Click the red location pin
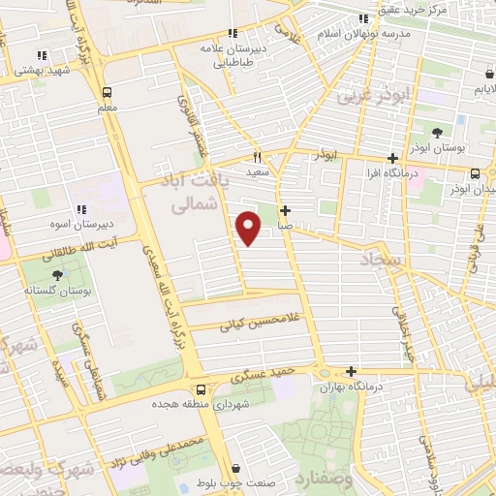tap(249, 227)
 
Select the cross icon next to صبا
tap(285, 210)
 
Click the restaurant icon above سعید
tap(258, 157)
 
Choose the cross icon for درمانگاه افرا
tap(392, 159)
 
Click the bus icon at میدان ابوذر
tap(474, 173)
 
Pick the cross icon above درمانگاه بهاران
tap(351, 372)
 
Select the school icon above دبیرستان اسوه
tap(81, 209)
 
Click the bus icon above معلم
tap(107, 92)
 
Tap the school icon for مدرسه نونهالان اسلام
tap(363, 18)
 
